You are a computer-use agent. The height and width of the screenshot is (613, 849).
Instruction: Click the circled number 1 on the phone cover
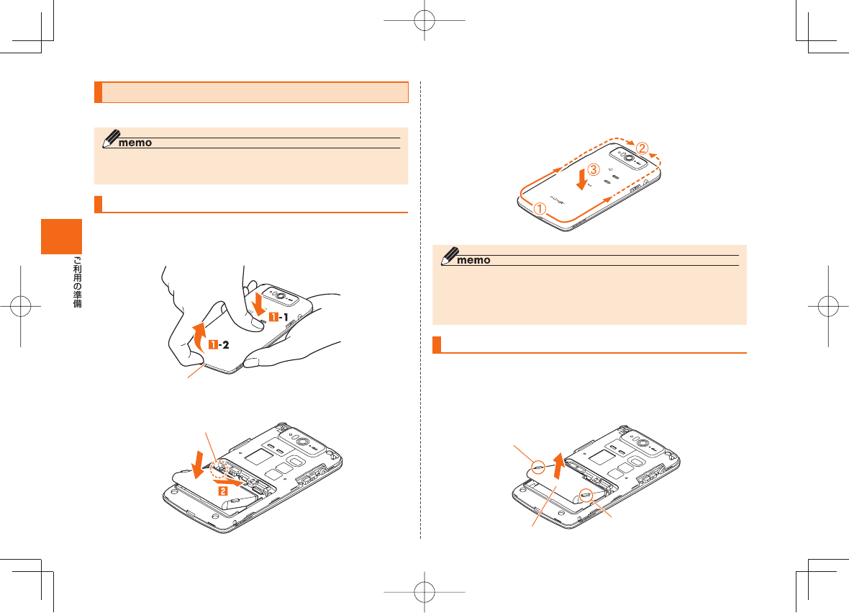[x=540, y=208]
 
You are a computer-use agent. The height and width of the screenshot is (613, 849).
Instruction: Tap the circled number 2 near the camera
[x=642, y=148]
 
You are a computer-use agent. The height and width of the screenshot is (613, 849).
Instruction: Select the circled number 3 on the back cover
[x=594, y=169]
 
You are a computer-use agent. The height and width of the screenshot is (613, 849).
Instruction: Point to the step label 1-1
[x=279, y=317]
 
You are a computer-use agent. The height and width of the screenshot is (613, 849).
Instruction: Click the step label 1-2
[x=219, y=345]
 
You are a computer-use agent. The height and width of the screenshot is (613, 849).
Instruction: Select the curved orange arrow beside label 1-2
[x=199, y=336]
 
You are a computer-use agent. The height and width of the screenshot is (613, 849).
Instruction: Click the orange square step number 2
[x=222, y=491]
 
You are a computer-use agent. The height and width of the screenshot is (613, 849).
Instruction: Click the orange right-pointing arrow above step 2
[x=227, y=480]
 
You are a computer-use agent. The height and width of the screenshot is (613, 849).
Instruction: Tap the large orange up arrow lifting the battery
[x=558, y=466]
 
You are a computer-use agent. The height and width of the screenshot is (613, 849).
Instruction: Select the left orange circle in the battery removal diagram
[x=537, y=466]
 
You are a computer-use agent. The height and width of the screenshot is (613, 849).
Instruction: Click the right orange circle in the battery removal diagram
[x=586, y=494]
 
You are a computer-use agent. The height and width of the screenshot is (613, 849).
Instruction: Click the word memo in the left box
[x=135, y=143]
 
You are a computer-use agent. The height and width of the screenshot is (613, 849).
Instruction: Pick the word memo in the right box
[x=473, y=260]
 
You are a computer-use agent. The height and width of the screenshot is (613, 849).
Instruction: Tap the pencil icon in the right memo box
[x=450, y=256]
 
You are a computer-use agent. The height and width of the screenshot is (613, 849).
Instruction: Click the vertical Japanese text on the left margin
[x=78, y=282]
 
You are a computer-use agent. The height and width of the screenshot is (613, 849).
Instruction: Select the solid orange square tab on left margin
[x=62, y=236]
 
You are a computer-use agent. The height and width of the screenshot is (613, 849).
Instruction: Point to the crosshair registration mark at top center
[x=424, y=21]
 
